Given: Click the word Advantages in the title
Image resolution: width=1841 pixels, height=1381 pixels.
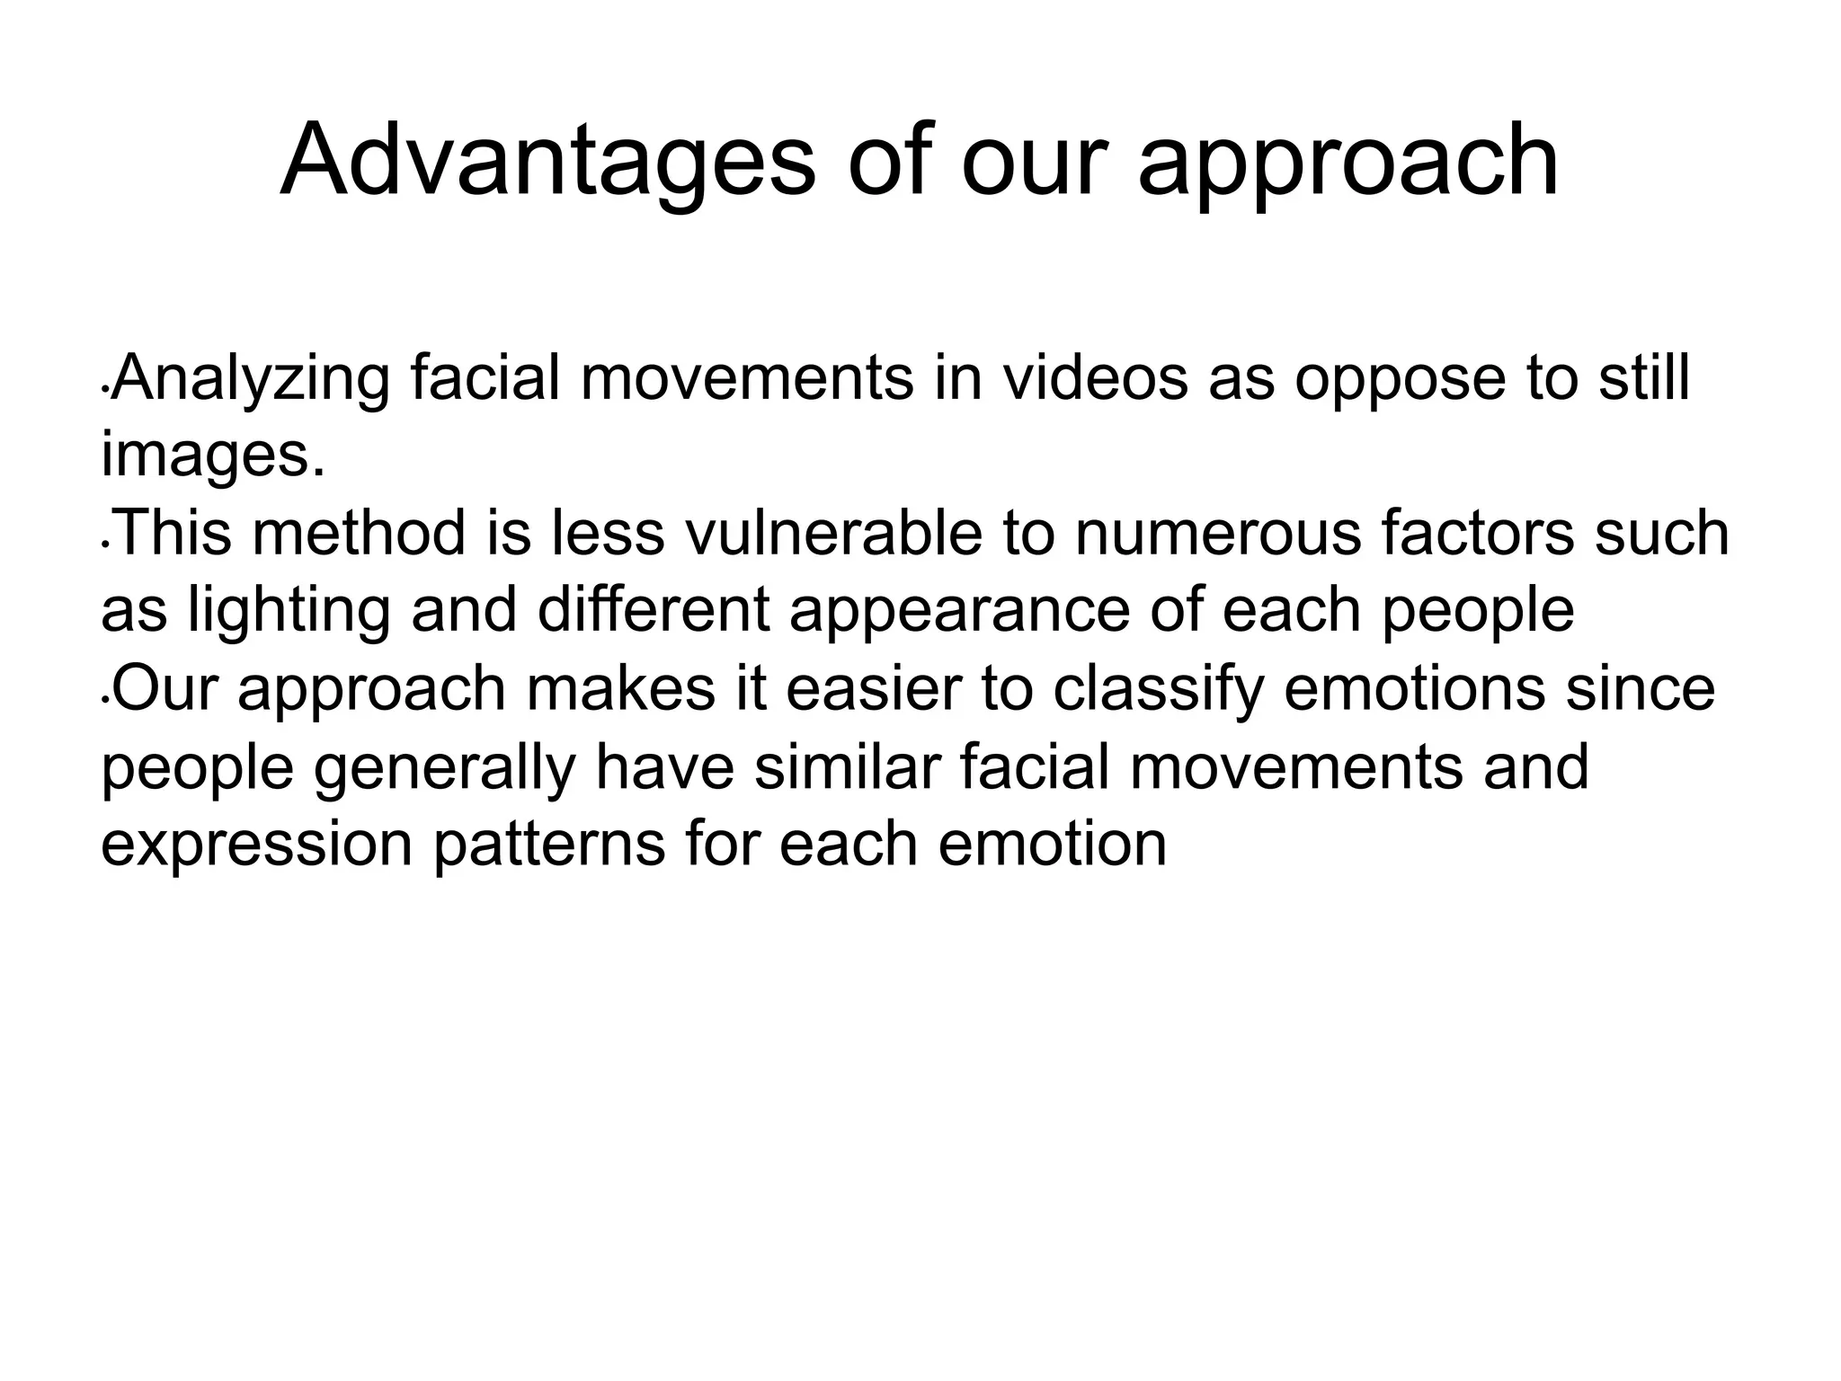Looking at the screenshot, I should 547,162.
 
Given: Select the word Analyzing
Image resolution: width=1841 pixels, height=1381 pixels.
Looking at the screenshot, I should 253,380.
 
